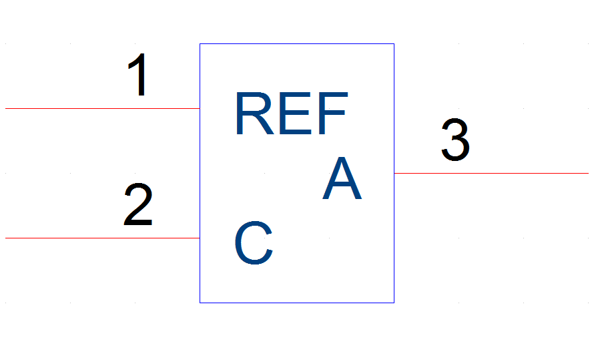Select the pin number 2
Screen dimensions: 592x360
[x=138, y=204]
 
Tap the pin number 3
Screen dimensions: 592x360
[x=456, y=140]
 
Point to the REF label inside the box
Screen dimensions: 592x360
[x=291, y=113]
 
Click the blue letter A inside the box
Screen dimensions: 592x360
[x=342, y=178]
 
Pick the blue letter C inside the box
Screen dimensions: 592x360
[x=254, y=243]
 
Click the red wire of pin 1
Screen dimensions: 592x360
[x=102, y=108]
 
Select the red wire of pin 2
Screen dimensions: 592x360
[x=102, y=238]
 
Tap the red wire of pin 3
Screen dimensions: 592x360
[x=491, y=174]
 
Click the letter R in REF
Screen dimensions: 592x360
[x=255, y=113]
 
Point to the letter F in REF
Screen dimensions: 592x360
[x=333, y=113]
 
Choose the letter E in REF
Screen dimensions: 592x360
[x=295, y=113]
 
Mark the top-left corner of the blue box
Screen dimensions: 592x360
[x=200, y=44]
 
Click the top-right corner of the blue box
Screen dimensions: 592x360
[x=394, y=44]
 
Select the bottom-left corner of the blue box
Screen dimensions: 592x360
[x=200, y=303]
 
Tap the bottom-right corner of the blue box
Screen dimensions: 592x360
[x=394, y=303]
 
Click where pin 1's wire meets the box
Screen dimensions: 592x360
[x=200, y=108]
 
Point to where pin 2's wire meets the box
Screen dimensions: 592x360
[x=200, y=238]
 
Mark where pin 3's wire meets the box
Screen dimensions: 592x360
[x=394, y=174]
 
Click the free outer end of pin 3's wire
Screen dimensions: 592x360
[x=588, y=174]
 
